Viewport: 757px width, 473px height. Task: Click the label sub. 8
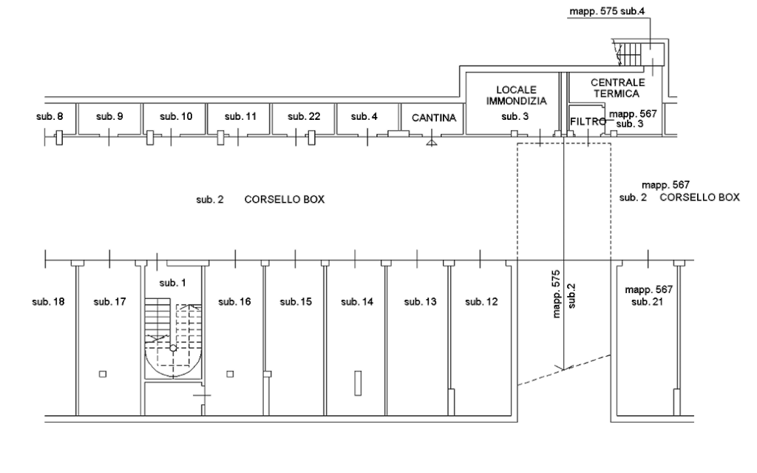[x=50, y=117]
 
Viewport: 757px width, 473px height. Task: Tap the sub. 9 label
[x=109, y=117]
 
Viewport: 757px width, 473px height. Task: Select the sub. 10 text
[x=176, y=117]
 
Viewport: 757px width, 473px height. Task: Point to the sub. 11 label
[x=240, y=117]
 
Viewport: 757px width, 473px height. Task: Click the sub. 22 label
[x=304, y=117]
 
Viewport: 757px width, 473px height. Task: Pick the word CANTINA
[x=434, y=118]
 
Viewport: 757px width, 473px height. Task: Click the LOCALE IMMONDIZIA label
[x=517, y=94]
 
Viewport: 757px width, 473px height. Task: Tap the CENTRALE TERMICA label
[x=617, y=87]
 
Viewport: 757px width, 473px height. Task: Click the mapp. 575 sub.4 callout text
[x=607, y=12]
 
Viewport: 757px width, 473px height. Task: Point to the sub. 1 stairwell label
[x=173, y=283]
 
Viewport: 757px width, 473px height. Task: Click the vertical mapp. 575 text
[x=557, y=294]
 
